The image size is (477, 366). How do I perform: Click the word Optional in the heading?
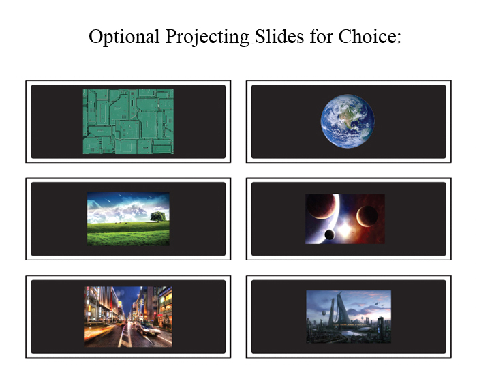(124, 37)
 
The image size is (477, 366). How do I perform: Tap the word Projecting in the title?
(207, 37)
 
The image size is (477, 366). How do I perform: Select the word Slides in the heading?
(279, 36)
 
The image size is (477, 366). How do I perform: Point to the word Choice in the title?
(367, 36)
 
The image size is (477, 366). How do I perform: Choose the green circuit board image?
(128, 121)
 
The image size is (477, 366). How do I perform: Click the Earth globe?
(348, 121)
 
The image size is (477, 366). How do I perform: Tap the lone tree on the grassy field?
(158, 217)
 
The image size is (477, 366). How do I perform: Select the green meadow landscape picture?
(128, 219)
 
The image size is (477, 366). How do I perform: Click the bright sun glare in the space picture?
(345, 230)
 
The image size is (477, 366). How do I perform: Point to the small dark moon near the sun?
(330, 234)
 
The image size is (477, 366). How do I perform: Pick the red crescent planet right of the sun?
(367, 215)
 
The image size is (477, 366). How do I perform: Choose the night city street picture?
(128, 316)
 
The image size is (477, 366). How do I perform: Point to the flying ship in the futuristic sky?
(378, 303)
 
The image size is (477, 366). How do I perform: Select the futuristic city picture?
(348, 316)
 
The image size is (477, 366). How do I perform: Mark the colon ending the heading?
(399, 38)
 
